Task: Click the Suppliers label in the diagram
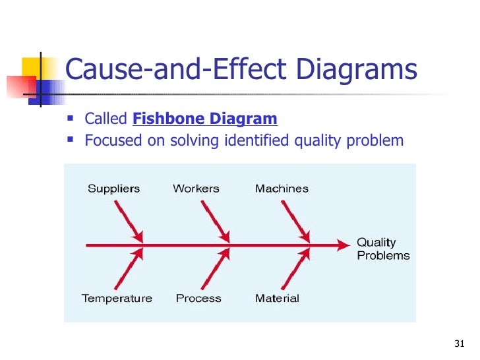pyautogui.click(x=114, y=189)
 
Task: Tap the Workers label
pyautogui.click(x=196, y=189)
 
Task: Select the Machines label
pyautogui.click(x=282, y=189)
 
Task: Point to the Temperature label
pyautogui.click(x=117, y=298)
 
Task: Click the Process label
pyautogui.click(x=198, y=298)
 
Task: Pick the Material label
pyautogui.click(x=277, y=298)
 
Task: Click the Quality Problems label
pyautogui.click(x=383, y=249)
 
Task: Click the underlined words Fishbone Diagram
pyautogui.click(x=205, y=119)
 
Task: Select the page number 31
pyautogui.click(x=460, y=344)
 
